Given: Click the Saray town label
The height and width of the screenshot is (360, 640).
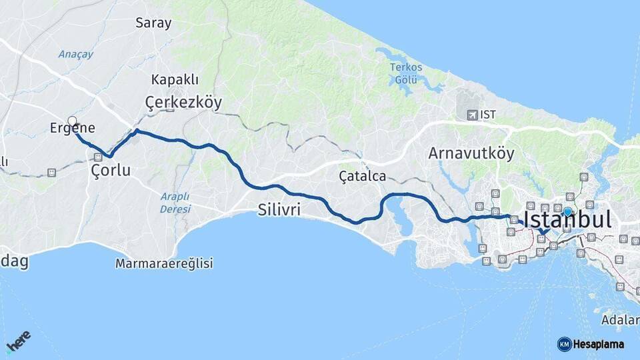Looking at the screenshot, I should point(153,23).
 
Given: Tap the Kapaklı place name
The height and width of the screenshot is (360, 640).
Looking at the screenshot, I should point(175,79).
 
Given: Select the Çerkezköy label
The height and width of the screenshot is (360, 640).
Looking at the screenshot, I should point(183,102).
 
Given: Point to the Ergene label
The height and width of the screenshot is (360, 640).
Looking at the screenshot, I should point(73,129).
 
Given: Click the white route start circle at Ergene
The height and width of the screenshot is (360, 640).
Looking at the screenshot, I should point(72,121).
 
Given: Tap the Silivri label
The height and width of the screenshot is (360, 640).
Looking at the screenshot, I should point(279,210).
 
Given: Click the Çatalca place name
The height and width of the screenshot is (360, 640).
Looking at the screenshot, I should point(362,176).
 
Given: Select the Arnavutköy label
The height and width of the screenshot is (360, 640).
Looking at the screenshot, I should point(471,153).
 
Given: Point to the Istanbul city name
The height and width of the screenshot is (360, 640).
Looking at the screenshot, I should point(567,221).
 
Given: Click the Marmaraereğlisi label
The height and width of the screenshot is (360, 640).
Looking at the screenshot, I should point(164,263).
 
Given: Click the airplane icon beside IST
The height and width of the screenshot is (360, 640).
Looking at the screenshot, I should point(473,115).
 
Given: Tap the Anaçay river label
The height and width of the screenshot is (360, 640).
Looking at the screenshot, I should point(75,54).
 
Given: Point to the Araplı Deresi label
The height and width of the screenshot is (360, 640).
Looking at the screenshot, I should point(175,202).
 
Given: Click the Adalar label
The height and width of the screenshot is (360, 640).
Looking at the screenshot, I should point(619,319).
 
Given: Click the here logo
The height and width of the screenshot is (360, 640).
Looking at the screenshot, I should point(18,342).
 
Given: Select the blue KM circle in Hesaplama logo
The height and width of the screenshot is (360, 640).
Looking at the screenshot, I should point(564,344).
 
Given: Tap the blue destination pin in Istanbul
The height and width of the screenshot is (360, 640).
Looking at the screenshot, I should point(567,212).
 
